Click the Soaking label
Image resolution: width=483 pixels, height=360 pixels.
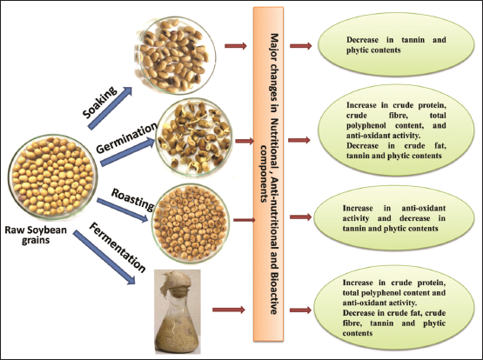pyautogui.click(x=100, y=103)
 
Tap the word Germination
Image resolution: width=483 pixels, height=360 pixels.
pyautogui.click(x=126, y=138)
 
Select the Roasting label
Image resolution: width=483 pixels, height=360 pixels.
pyautogui.click(x=133, y=200)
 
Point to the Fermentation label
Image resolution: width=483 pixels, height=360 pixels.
pyautogui.click(x=117, y=247)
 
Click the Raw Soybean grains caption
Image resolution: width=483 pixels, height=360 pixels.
pyautogui.click(x=36, y=235)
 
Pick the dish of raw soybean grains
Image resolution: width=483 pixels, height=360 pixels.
pyautogui.click(x=53, y=177)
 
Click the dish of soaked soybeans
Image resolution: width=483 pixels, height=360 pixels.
pyautogui.click(x=174, y=55)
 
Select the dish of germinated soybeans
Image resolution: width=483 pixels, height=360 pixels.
pyautogui.click(x=194, y=137)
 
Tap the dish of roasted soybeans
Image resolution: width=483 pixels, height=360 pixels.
pyautogui.click(x=191, y=223)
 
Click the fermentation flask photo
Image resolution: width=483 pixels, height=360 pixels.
pyautogui.click(x=178, y=311)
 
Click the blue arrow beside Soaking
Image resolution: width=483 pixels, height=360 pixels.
pyautogui.click(x=110, y=108)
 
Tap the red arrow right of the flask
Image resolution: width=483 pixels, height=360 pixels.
pyautogui.click(x=229, y=310)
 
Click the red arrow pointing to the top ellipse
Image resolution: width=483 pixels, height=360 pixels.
pyautogui.click(x=300, y=46)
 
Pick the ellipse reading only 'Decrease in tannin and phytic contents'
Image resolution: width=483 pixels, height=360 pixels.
pyautogui.click(x=396, y=44)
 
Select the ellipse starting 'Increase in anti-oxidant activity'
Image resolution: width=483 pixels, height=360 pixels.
pyautogui.click(x=394, y=218)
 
